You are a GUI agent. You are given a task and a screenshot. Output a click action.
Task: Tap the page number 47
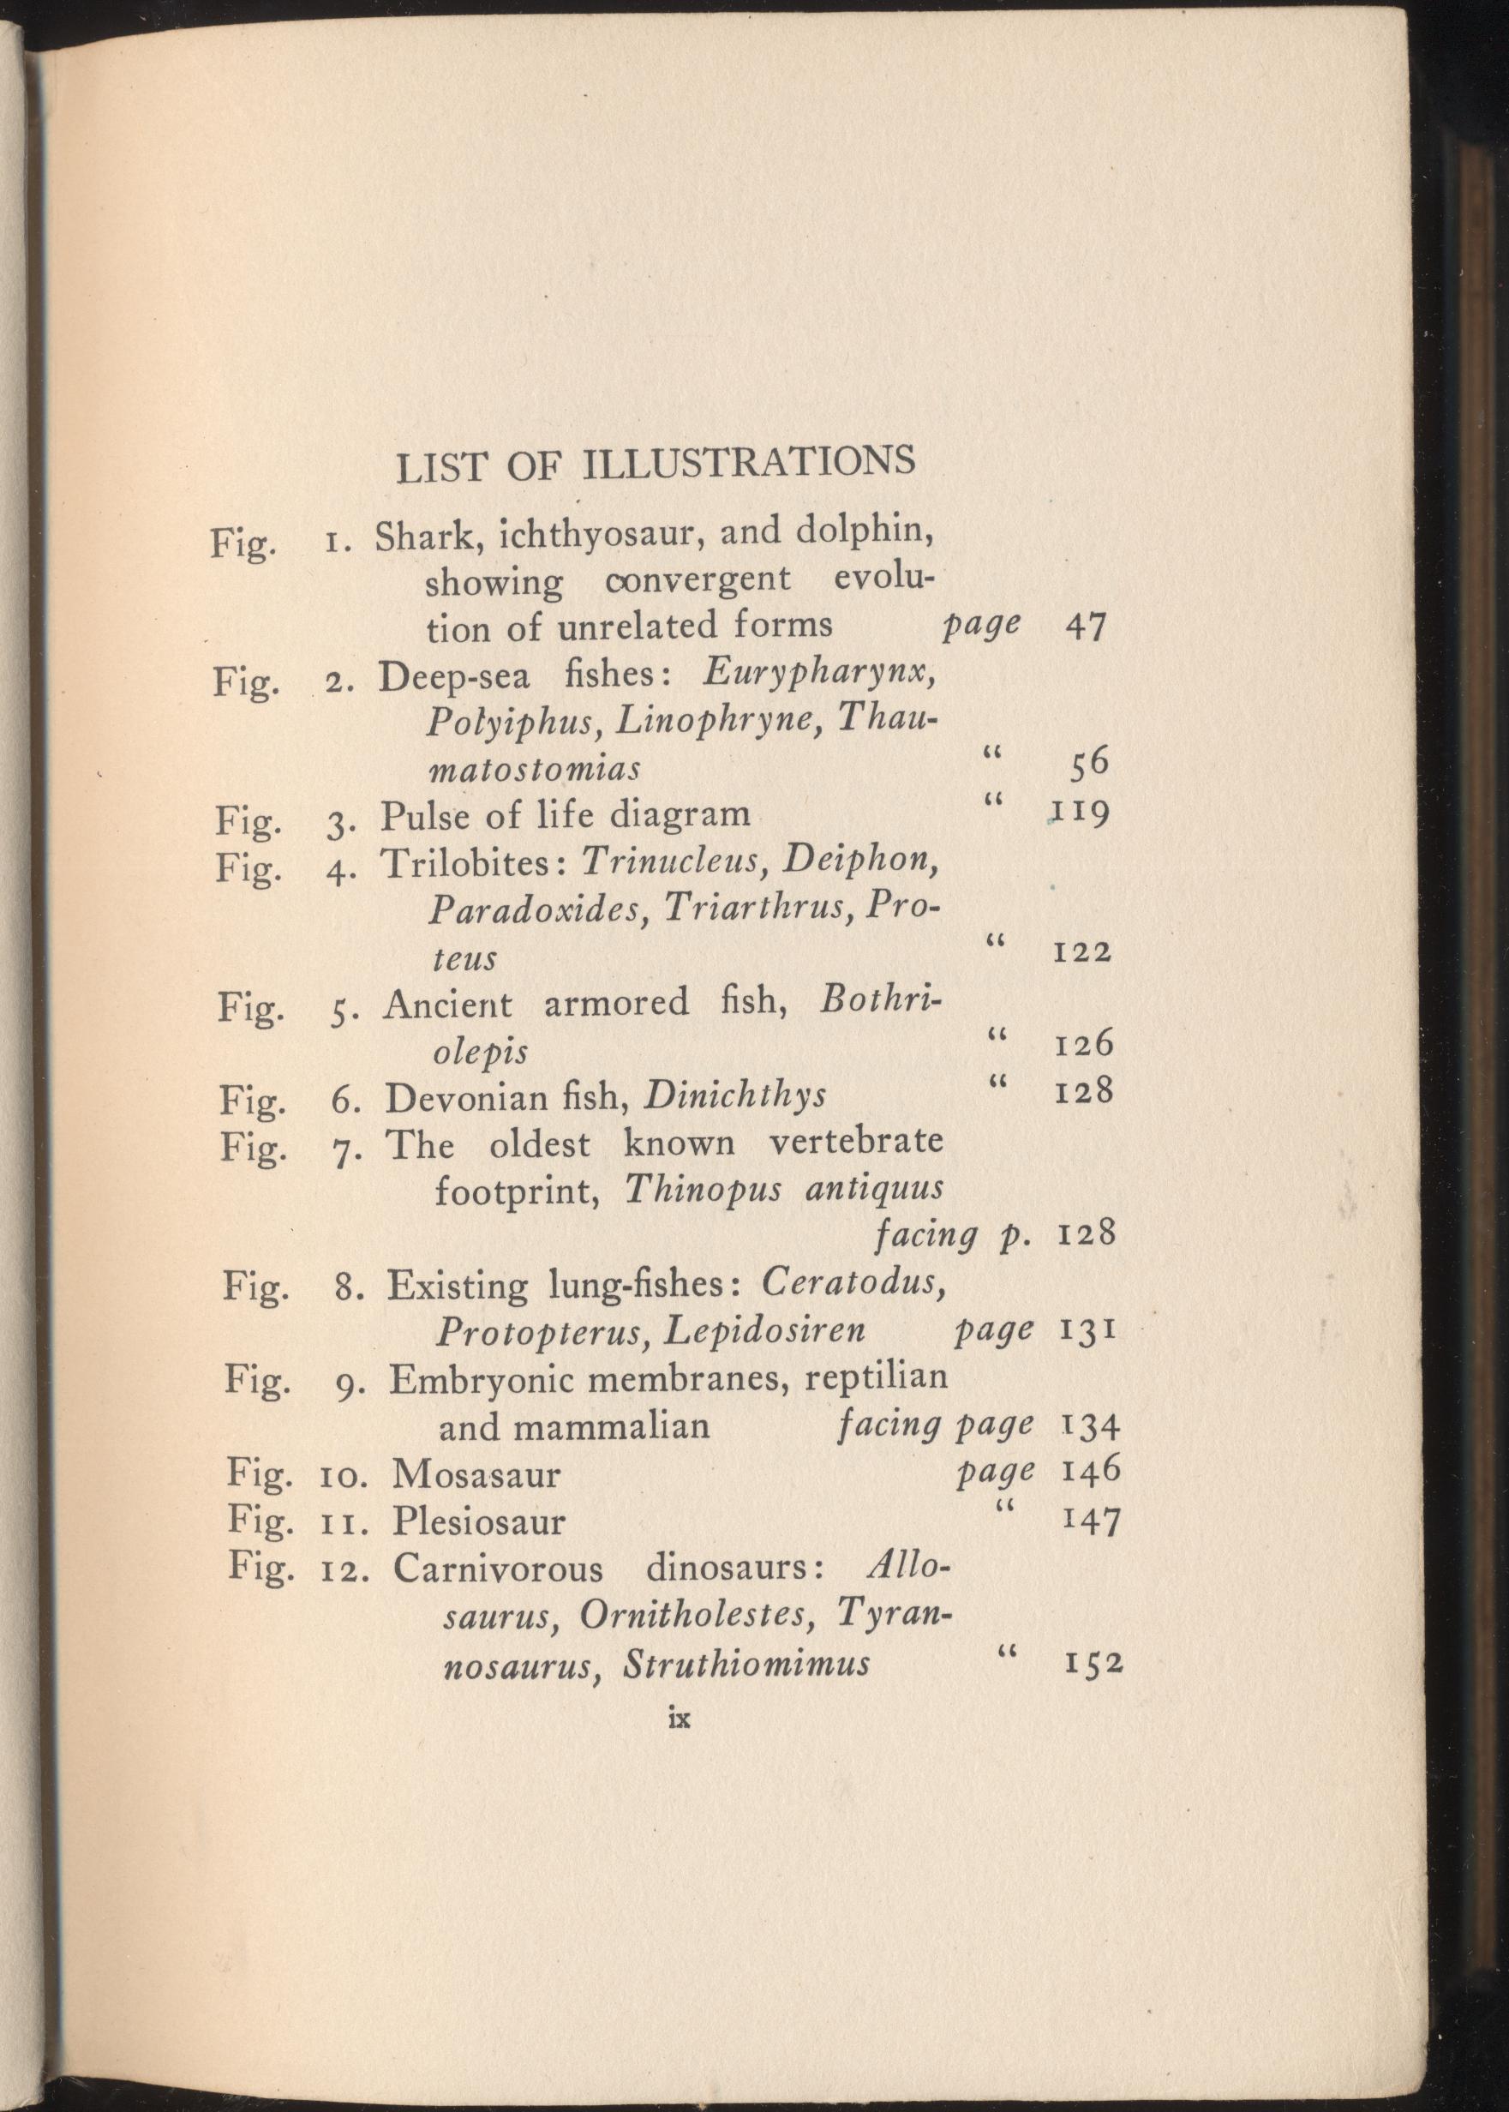click(1086, 627)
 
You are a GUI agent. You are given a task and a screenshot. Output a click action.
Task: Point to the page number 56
click(1089, 765)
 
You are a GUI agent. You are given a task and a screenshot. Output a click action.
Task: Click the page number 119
click(1081, 814)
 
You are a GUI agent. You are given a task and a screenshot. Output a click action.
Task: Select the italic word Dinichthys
click(734, 1096)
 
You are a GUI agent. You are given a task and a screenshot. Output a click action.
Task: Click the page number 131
click(1087, 1331)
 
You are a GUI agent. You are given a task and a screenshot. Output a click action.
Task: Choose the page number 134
click(1090, 1425)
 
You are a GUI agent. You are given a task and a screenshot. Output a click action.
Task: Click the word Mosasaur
click(476, 1474)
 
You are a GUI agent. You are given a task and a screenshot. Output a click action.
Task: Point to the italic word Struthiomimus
click(746, 1663)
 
